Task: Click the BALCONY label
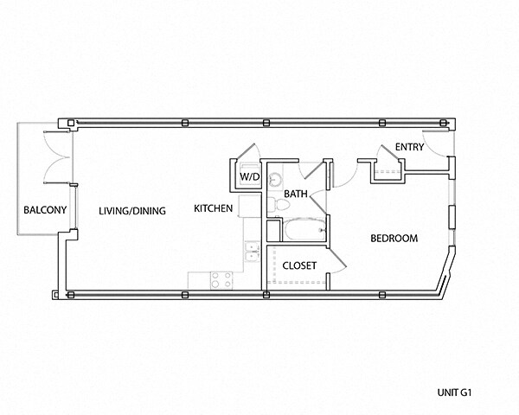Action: tap(45, 210)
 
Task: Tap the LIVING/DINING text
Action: tap(132, 211)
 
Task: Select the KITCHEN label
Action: tap(213, 208)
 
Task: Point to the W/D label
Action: tap(250, 176)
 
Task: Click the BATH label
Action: tap(296, 194)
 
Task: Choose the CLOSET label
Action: tap(299, 265)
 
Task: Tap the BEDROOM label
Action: tap(394, 239)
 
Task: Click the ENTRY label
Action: tap(409, 147)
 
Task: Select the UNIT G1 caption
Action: tap(454, 393)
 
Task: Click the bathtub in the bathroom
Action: tap(304, 229)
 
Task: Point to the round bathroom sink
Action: tap(275, 179)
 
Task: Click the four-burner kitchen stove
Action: tap(221, 279)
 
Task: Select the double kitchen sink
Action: tap(253, 252)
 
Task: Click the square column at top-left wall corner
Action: tap(71, 123)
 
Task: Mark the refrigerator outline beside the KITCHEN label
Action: tap(250, 206)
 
